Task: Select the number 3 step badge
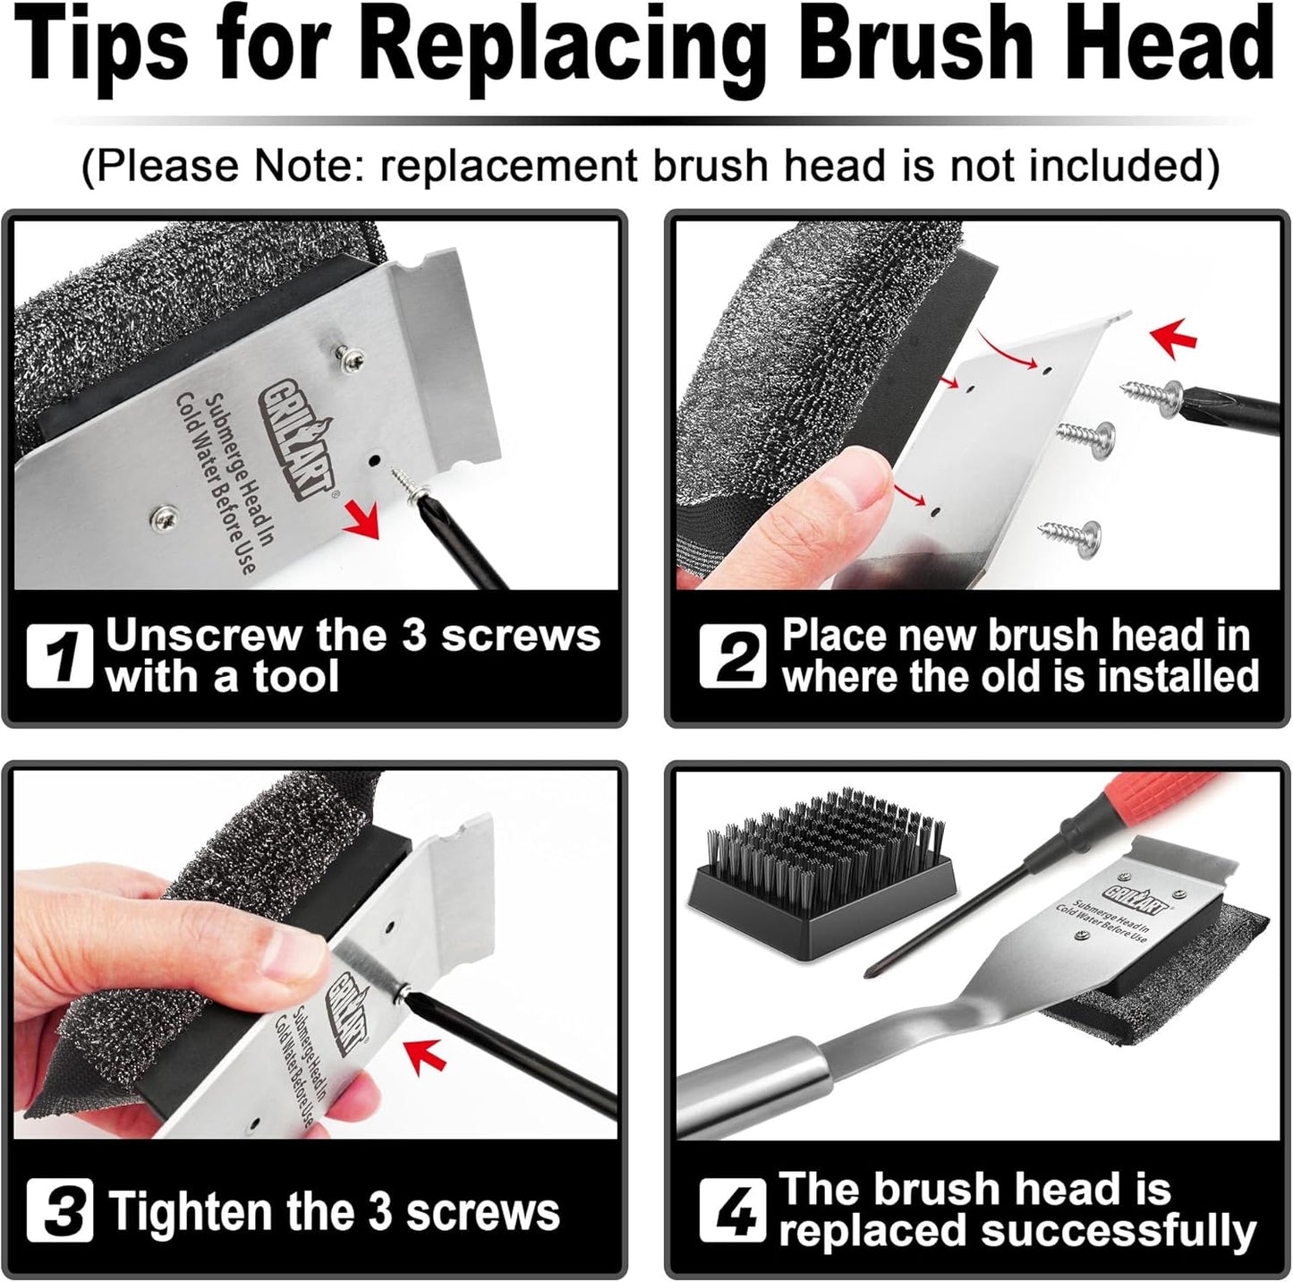tap(59, 1209)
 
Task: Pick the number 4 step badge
tap(732, 1209)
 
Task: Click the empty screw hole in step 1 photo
tap(375, 460)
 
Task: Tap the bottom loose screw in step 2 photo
tap(1070, 534)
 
